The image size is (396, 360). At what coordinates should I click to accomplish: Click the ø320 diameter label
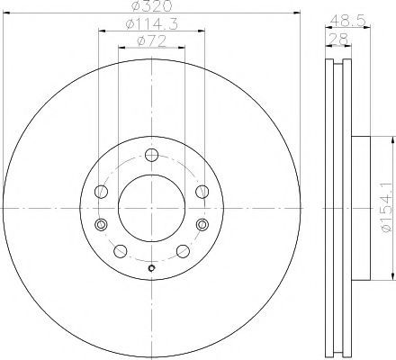point(152,5)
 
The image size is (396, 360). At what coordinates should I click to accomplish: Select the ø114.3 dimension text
point(152,23)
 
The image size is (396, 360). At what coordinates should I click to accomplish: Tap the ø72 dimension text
point(151,41)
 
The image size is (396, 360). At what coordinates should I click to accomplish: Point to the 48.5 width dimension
point(348,21)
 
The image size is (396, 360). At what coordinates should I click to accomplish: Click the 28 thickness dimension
point(338,39)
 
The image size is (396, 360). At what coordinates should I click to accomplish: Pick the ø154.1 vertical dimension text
point(386,207)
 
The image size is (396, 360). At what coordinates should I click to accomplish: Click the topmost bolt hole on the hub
point(151,155)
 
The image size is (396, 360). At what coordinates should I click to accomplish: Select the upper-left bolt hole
point(101,192)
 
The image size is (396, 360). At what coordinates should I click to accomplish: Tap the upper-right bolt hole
point(202,192)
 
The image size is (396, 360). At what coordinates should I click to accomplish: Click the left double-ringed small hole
point(101,224)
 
